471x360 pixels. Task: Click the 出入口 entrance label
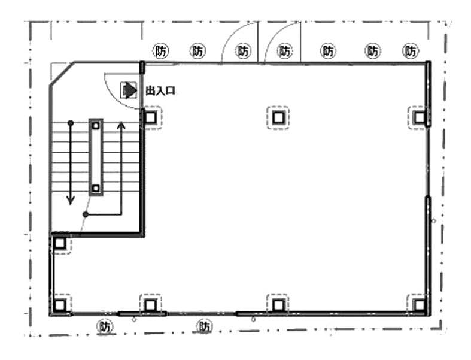pyautogui.click(x=160, y=90)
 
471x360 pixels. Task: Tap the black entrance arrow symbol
pyautogui.click(x=129, y=90)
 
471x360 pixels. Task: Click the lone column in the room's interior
pyautogui.click(x=278, y=117)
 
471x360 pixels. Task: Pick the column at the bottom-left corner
pyautogui.click(x=60, y=305)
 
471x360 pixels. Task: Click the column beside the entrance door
pyautogui.click(x=150, y=117)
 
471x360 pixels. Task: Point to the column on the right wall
pyautogui.click(x=420, y=117)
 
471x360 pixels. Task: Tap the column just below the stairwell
pyautogui.click(x=60, y=243)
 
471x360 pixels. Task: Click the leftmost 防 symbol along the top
pyautogui.click(x=161, y=51)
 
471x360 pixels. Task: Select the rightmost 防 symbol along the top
pyautogui.click(x=411, y=51)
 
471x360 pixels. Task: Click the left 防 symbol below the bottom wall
pyautogui.click(x=105, y=326)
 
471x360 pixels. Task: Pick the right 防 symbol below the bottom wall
pyautogui.click(x=205, y=326)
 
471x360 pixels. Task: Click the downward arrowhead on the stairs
pyautogui.click(x=70, y=201)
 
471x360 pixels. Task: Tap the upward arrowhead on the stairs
pyautogui.click(x=121, y=126)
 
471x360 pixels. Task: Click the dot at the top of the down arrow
pyautogui.click(x=70, y=123)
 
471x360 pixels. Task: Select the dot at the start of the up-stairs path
pyautogui.click(x=86, y=214)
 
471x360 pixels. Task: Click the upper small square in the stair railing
pyautogui.click(x=96, y=126)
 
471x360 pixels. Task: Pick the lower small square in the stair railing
pyautogui.click(x=96, y=189)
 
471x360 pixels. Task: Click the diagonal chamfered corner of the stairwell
pyautogui.click(x=62, y=74)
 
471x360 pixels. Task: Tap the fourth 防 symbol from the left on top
pyautogui.click(x=285, y=51)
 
